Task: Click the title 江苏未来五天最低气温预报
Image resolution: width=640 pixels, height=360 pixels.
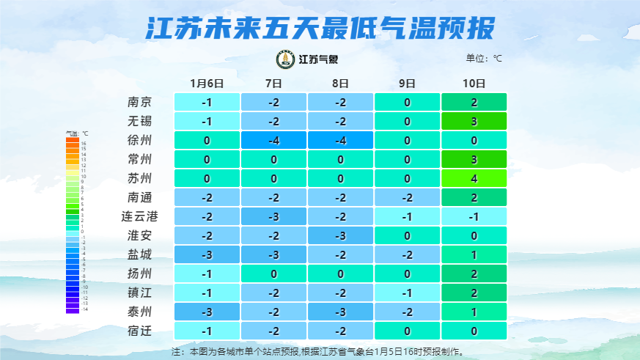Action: coord(320,28)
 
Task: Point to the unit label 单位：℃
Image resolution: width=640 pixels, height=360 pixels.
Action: coord(485,58)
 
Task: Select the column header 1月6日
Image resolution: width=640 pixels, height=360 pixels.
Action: coord(207,83)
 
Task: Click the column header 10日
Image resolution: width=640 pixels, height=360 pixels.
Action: coord(474,83)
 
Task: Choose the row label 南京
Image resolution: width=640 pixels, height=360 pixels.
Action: coord(140,102)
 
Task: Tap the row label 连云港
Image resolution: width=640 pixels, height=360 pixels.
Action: coord(140,216)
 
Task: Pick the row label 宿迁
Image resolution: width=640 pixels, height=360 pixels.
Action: coord(140,331)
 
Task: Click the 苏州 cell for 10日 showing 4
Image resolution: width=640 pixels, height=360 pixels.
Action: coord(474,178)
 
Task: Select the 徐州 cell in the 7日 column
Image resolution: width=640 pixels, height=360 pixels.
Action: coord(273,140)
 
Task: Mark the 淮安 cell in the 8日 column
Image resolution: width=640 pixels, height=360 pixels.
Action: coord(340,235)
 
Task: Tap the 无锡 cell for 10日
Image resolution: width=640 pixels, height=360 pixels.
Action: coord(474,121)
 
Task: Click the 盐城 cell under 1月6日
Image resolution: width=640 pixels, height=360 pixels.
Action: coord(207,254)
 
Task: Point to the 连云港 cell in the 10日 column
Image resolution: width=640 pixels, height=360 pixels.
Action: coord(474,216)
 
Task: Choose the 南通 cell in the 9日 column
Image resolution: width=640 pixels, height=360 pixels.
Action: coord(408,197)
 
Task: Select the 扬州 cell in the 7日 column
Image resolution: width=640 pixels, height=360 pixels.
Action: coord(273,273)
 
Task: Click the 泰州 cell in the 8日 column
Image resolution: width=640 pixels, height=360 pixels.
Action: coord(340,312)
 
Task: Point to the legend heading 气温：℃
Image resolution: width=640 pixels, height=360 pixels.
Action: coord(77,134)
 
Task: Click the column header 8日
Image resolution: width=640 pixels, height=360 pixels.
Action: coord(340,83)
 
